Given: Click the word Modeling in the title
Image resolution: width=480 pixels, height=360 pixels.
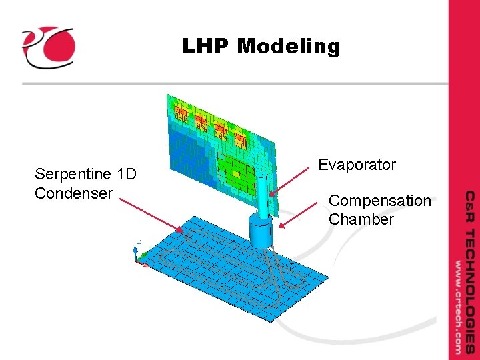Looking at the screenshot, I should click(x=289, y=47).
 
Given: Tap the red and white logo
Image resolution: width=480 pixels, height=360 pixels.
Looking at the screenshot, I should click(x=48, y=47).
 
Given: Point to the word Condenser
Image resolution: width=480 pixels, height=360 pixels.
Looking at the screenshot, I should click(x=73, y=193).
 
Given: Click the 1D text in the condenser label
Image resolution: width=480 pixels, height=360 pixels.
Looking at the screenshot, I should click(x=125, y=175).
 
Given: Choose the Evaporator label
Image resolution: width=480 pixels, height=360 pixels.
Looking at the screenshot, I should click(x=357, y=165).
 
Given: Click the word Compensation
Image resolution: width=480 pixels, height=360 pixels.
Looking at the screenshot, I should click(x=380, y=201).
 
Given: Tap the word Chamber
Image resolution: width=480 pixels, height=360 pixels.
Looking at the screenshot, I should click(x=361, y=219).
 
